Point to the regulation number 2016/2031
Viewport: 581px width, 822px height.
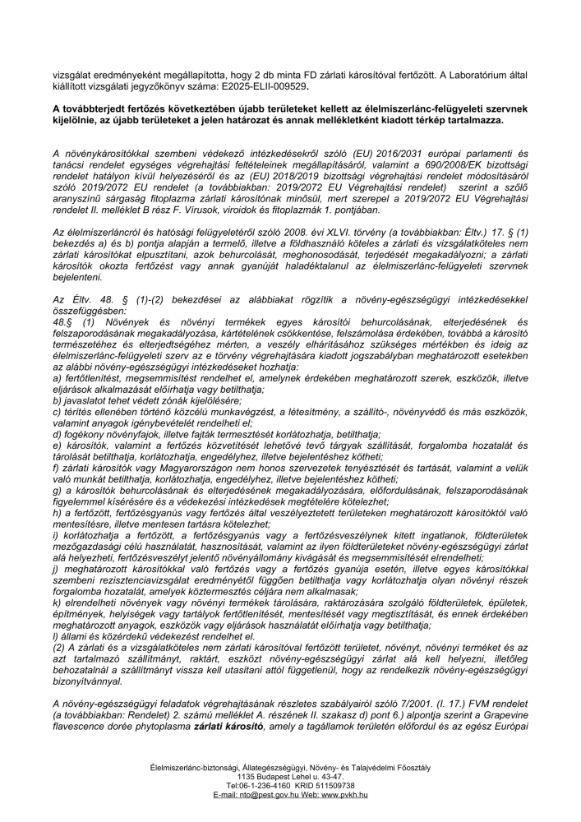tap(368, 154)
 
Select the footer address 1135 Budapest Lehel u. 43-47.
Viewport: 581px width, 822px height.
tap(289, 775)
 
